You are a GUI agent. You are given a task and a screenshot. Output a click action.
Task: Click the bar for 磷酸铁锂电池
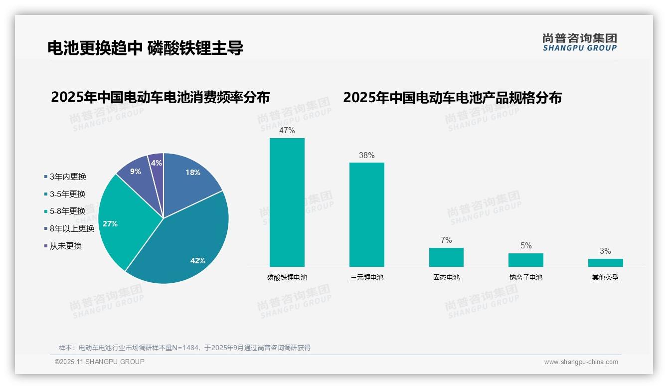coord(287,202)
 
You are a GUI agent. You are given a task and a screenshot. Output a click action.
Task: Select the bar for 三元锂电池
coord(366,214)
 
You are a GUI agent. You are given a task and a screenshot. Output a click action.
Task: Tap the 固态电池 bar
coord(446,257)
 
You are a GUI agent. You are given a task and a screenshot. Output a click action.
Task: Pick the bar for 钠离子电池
coord(525,260)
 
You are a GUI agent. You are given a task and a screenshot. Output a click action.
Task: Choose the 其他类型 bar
coord(605,263)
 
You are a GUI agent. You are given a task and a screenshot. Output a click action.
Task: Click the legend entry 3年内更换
coord(68,177)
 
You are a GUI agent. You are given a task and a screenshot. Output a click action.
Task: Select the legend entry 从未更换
coord(65,246)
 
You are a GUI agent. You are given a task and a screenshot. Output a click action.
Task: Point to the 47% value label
coord(287,131)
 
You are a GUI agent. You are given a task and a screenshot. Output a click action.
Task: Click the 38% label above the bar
coord(366,155)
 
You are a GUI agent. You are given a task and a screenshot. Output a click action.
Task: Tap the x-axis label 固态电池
coord(446,277)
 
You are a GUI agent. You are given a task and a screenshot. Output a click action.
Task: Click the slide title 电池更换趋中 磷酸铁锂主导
coord(145,48)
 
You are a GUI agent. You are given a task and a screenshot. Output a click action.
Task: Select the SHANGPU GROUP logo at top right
coord(579,42)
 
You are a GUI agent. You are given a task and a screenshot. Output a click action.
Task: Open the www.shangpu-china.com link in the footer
coord(581,362)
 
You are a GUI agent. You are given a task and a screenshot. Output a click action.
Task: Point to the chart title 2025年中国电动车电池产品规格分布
coord(452,98)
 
